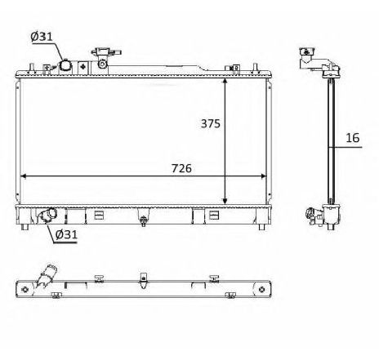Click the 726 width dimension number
coord(181,169)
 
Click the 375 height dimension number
coord(210,125)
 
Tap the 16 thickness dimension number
coord(353,139)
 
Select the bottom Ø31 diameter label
coord(68,237)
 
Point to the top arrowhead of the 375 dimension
coord(225,82)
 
